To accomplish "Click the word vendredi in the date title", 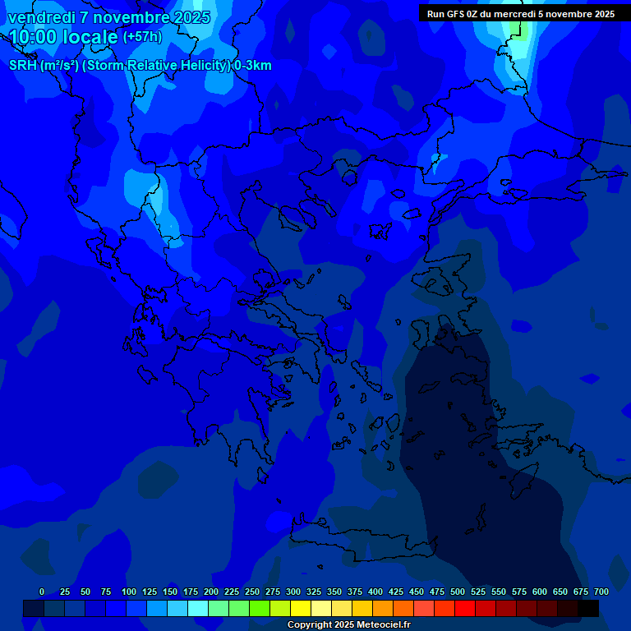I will [42, 17].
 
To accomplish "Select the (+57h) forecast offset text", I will [142, 37].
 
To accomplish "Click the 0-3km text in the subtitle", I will [252, 65].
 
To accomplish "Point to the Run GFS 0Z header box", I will [521, 13].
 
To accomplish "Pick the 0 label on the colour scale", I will [42, 592].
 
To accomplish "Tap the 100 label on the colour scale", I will [129, 592].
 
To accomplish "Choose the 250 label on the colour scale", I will [252, 592].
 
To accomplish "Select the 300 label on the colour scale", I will [293, 592].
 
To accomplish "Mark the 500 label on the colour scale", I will [458, 592].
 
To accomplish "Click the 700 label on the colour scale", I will [601, 592].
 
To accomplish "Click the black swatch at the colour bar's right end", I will [588, 608].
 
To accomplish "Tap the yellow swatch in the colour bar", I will [301, 608].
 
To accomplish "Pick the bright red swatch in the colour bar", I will [465, 608].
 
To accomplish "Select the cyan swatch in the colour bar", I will [198, 608].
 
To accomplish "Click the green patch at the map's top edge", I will [515, 27].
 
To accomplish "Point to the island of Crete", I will [362, 542].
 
